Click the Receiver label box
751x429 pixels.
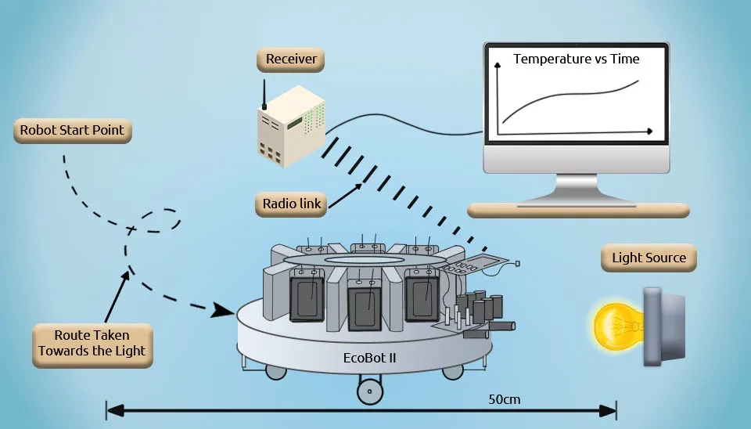(290, 59)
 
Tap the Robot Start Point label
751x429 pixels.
(72, 130)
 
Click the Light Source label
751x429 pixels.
(649, 258)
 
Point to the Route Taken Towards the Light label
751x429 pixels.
(92, 344)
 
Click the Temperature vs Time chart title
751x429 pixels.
(576, 59)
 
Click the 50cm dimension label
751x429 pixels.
(504, 399)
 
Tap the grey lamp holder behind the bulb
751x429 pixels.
(663, 326)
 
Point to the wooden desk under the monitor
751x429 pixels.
(578, 210)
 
